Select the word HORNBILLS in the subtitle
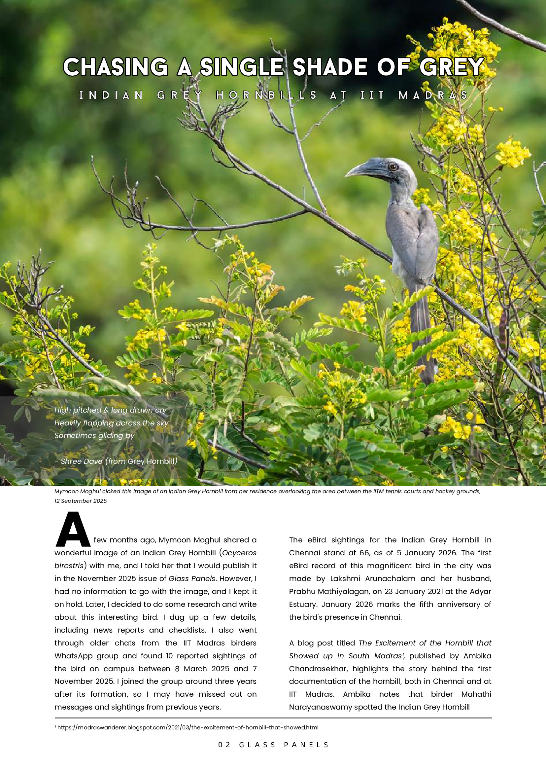[x=266, y=95]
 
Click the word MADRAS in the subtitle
[x=433, y=95]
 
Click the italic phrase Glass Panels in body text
[x=192, y=578]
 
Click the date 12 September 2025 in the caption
[x=81, y=501]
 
